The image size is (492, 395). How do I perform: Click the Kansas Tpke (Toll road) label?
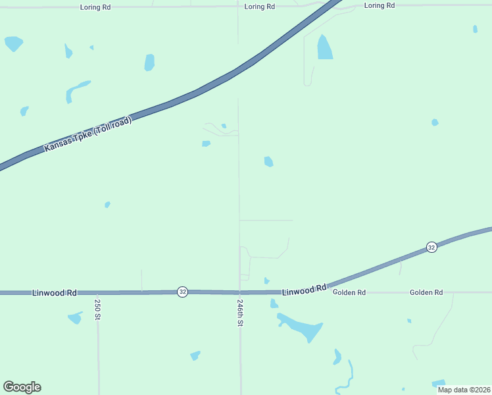coord(88,134)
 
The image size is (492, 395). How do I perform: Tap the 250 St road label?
coord(97,309)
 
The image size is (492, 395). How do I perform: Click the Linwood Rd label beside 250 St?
coord(54,292)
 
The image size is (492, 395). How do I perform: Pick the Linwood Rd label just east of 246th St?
coord(305,289)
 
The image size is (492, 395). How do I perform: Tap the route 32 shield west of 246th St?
coord(182,292)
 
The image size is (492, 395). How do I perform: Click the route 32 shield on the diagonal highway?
coord(431,247)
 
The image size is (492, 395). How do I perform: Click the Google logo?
coord(22,387)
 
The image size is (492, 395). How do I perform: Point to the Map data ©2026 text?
coord(464,390)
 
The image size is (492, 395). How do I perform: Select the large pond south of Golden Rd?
coord(303,327)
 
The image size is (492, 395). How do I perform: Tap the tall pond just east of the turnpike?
coord(324,47)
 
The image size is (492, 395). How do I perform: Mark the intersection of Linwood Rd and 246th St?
coord(240,292)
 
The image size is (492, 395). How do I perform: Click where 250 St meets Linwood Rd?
coord(97,292)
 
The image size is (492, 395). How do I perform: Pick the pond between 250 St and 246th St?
coord(195,355)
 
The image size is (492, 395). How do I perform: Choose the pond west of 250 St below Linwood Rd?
coord(75,317)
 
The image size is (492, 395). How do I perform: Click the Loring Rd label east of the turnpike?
coord(380,5)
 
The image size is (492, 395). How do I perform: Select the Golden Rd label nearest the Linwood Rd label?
coord(349,292)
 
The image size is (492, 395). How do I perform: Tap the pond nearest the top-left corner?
coord(13,43)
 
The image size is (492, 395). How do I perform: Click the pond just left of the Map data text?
coord(438,383)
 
